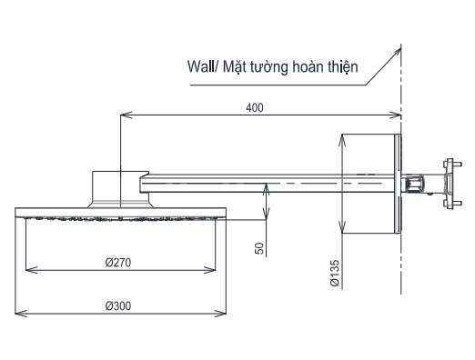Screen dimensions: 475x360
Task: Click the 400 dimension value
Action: (255, 107)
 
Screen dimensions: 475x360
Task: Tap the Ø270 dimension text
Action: (118, 263)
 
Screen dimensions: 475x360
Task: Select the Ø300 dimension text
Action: (118, 305)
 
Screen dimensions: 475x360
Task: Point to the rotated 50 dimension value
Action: (260, 248)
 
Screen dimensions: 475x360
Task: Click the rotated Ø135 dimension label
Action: (335, 273)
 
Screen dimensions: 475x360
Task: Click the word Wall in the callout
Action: (200, 66)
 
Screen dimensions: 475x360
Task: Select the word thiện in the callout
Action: (342, 67)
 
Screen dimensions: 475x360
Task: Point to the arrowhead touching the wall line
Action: (398, 51)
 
